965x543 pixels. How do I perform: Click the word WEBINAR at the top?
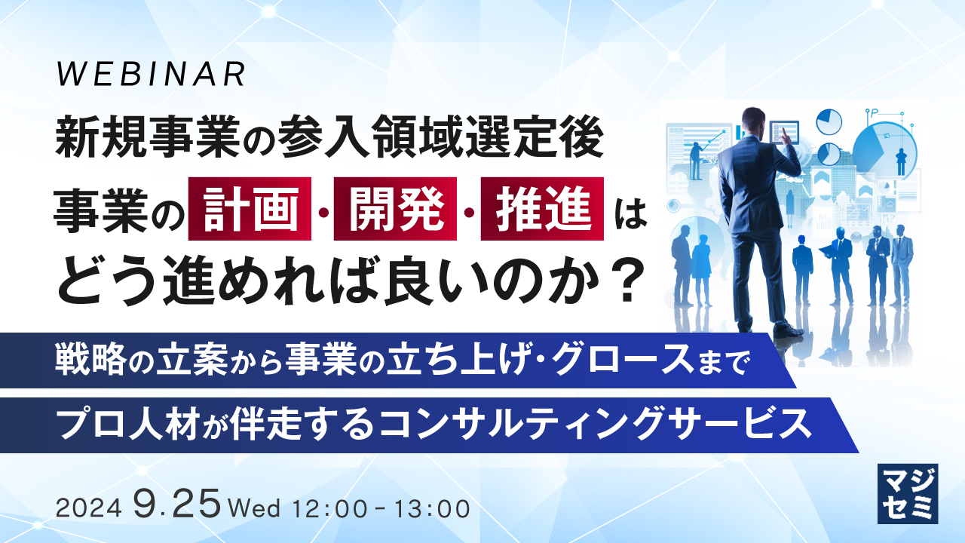152,74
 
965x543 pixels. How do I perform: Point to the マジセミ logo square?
908,493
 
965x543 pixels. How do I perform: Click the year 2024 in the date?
89,508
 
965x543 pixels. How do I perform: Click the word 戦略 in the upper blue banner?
84,360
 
